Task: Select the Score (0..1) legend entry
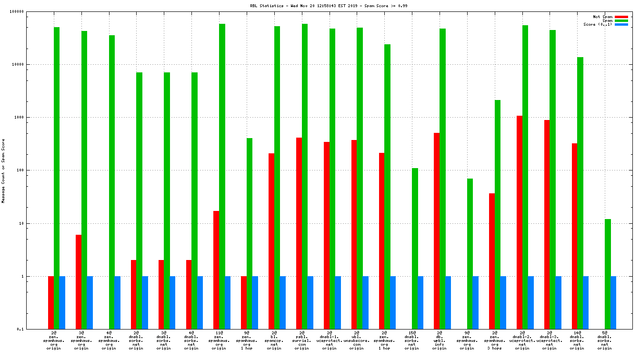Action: [x=598, y=24]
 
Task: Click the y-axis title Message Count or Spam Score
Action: [x=3, y=171]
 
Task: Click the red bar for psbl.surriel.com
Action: [x=299, y=233]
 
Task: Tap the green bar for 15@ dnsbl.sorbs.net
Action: [x=415, y=248]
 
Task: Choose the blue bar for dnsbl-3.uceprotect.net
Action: [x=558, y=302]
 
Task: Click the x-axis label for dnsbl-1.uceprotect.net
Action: [x=329, y=340]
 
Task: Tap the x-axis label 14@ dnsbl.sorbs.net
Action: [x=577, y=340]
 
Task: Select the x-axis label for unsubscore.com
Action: [x=357, y=340]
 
